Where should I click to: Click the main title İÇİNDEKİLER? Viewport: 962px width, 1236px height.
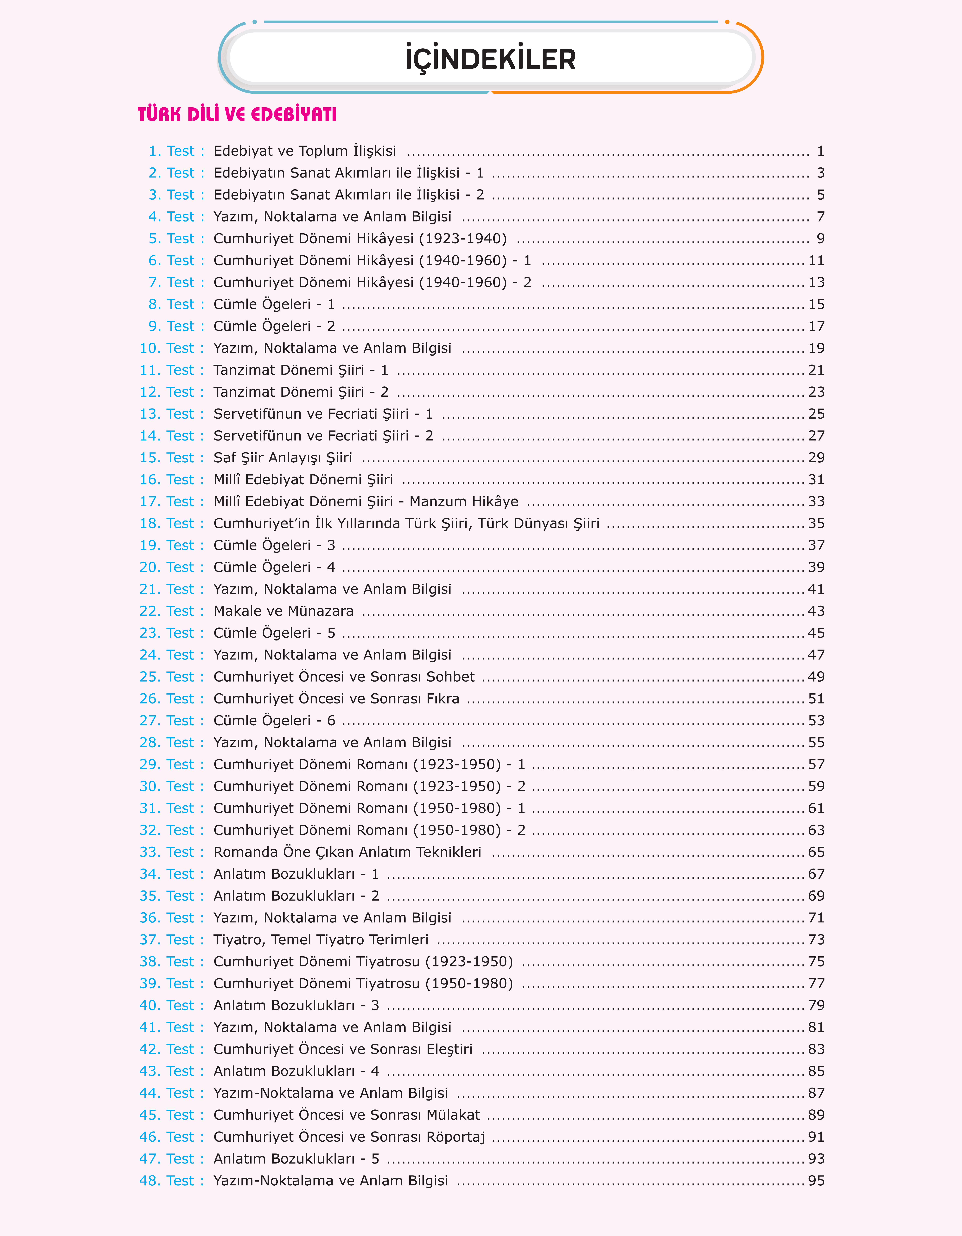click(x=490, y=59)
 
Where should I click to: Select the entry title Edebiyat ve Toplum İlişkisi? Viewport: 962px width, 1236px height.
click(x=305, y=151)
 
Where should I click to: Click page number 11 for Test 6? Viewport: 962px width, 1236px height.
click(x=816, y=261)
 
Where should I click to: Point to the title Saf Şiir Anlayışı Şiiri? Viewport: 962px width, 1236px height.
click(x=283, y=458)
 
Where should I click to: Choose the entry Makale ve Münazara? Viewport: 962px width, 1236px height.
click(x=283, y=611)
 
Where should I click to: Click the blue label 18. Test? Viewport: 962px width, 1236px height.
click(x=167, y=523)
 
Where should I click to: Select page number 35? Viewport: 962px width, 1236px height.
click(x=816, y=523)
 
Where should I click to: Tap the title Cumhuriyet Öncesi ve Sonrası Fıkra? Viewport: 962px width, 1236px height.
click(x=336, y=699)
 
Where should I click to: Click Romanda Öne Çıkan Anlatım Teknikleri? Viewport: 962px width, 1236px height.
click(x=347, y=852)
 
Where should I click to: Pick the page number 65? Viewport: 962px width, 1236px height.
click(x=816, y=852)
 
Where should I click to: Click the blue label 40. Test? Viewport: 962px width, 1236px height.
click(x=167, y=1006)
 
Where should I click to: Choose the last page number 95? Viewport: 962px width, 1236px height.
click(x=816, y=1181)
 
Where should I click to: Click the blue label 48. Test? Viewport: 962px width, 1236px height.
click(x=167, y=1181)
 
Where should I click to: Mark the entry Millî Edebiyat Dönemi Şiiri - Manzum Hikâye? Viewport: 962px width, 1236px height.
click(x=366, y=501)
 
